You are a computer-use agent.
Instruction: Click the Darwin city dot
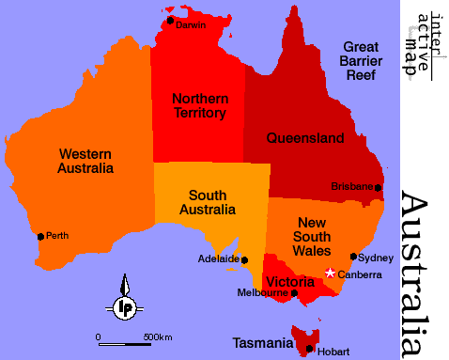click(x=170, y=20)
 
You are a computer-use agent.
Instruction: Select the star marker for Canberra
click(x=330, y=274)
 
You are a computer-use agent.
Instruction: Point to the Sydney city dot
click(x=353, y=256)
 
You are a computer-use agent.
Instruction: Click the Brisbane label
click(x=352, y=186)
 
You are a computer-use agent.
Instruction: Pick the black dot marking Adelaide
click(x=245, y=259)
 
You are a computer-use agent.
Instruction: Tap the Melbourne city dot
click(x=294, y=293)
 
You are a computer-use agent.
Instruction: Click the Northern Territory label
click(x=198, y=105)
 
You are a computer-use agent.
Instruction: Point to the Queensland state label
click(x=305, y=137)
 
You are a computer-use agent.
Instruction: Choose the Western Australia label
click(x=85, y=161)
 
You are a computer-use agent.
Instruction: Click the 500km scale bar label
click(x=158, y=337)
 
